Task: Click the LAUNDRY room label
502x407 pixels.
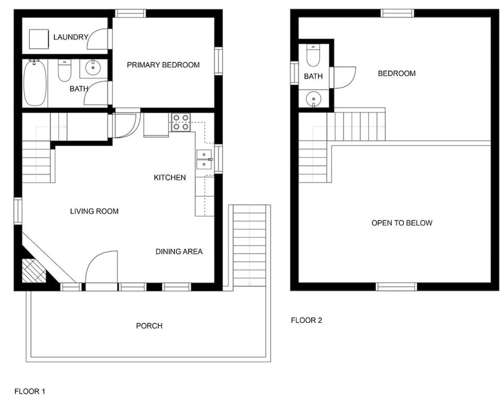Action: click(x=71, y=37)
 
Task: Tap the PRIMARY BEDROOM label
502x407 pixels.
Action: click(x=163, y=65)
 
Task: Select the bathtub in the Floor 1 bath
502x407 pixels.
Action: click(x=35, y=82)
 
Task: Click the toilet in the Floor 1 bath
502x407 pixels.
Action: click(x=64, y=71)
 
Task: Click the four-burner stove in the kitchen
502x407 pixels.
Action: click(x=181, y=122)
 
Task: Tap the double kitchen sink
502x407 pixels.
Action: click(x=204, y=160)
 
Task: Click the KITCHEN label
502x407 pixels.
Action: click(x=170, y=178)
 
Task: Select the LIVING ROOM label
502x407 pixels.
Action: click(x=94, y=211)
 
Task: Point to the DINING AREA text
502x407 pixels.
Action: click(x=179, y=252)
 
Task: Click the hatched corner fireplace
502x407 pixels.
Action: click(x=34, y=270)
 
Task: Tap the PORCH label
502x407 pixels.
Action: click(x=149, y=326)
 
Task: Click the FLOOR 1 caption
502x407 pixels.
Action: click(x=30, y=391)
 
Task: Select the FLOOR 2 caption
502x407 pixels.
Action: click(x=306, y=320)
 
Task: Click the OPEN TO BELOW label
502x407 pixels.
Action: click(x=402, y=223)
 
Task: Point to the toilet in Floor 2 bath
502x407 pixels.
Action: click(x=313, y=55)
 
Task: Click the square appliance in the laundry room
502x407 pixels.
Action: click(x=39, y=39)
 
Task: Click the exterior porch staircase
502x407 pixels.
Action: click(x=249, y=245)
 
